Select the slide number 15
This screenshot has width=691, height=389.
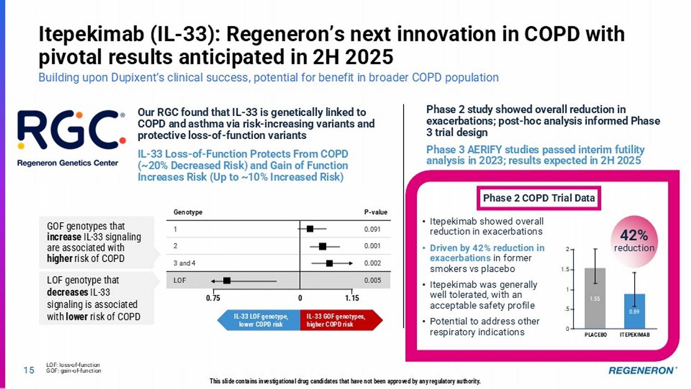click(x=29, y=370)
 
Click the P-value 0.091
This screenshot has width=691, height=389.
click(x=372, y=229)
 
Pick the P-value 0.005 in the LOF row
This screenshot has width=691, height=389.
click(x=372, y=280)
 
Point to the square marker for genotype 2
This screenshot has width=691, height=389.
click(x=322, y=246)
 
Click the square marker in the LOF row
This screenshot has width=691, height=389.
click(x=227, y=280)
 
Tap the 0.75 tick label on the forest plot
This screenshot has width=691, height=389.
click(x=213, y=298)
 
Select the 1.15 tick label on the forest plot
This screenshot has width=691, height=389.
click(x=352, y=298)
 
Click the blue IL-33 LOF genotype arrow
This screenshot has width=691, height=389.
click(x=259, y=320)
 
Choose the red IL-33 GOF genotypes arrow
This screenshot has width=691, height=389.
click(x=339, y=320)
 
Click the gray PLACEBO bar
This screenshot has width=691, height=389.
click(x=595, y=298)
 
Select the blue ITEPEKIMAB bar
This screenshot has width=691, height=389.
click(x=634, y=311)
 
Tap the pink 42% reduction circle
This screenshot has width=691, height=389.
click(x=634, y=241)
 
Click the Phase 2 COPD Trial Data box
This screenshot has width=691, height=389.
click(x=539, y=198)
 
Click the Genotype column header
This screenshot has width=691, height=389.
click(x=188, y=212)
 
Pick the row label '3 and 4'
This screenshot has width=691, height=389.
click(x=184, y=263)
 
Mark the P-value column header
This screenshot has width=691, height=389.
click(x=375, y=212)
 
